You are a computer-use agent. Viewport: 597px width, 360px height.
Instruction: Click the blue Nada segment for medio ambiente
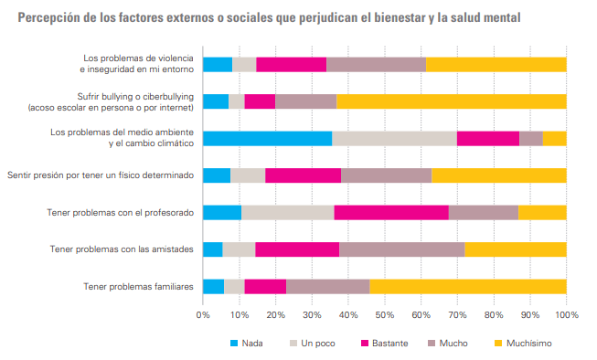tap(267, 139)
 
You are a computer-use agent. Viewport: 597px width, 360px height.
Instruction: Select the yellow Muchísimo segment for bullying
tap(452, 101)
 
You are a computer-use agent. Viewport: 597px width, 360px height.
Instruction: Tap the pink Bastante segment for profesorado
tap(391, 212)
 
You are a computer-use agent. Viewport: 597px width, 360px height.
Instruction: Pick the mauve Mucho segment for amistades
tap(402, 249)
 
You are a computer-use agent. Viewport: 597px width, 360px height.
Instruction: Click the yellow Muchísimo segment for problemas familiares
tap(468, 287)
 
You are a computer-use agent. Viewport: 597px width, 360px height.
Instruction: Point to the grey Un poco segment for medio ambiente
tap(394, 139)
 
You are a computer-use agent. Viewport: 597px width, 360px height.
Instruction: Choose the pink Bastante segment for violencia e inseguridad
tap(292, 65)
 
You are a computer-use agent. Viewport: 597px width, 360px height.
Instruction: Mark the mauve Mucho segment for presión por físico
tap(387, 175)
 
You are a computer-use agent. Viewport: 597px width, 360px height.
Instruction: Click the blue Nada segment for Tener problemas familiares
tap(214, 287)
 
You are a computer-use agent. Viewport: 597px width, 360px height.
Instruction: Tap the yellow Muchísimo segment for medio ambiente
tap(555, 139)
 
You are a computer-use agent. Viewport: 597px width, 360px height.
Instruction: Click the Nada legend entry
tap(247, 344)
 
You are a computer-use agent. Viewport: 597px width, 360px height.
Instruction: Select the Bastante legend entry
tap(385, 344)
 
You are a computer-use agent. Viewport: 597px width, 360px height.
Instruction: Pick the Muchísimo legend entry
tap(523, 344)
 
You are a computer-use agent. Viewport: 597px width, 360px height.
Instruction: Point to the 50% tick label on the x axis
tap(385, 315)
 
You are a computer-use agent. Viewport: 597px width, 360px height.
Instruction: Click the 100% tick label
tap(567, 315)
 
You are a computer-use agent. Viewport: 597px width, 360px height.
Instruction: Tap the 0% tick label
tap(203, 315)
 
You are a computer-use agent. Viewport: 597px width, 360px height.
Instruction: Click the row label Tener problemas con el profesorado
tap(121, 212)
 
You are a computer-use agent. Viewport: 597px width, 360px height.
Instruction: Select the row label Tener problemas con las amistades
tap(122, 249)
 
